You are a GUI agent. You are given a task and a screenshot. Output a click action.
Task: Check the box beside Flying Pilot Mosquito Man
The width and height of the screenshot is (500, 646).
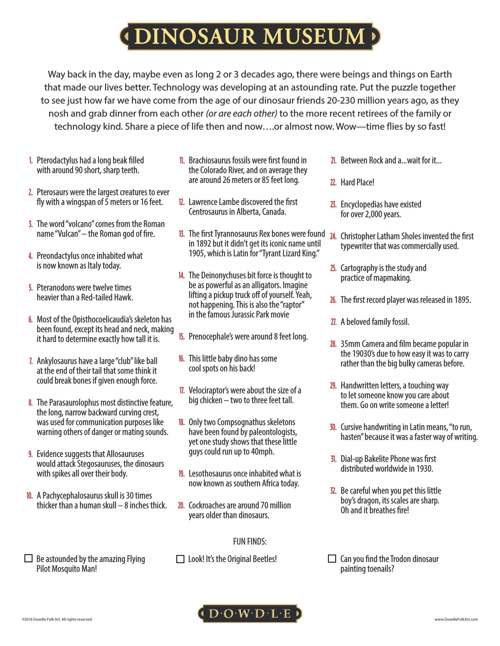[x=29, y=558]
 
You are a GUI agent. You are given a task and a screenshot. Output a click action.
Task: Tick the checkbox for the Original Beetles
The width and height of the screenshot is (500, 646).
[x=180, y=559]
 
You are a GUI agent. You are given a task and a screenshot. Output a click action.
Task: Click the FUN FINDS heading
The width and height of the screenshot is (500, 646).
[x=250, y=541]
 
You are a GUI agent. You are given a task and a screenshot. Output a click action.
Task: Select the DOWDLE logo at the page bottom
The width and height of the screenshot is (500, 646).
[x=250, y=614]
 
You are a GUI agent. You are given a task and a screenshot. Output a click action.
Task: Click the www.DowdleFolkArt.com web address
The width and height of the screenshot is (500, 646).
[x=456, y=619]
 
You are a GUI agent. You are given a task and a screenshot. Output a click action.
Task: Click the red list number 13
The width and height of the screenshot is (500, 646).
[x=181, y=234]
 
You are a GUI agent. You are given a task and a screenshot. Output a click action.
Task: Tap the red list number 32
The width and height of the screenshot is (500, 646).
[x=333, y=491]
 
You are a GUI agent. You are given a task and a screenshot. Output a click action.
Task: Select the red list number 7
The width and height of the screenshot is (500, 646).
[x=31, y=361]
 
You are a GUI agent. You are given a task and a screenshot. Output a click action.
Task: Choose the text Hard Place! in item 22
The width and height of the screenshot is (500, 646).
[x=357, y=182]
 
